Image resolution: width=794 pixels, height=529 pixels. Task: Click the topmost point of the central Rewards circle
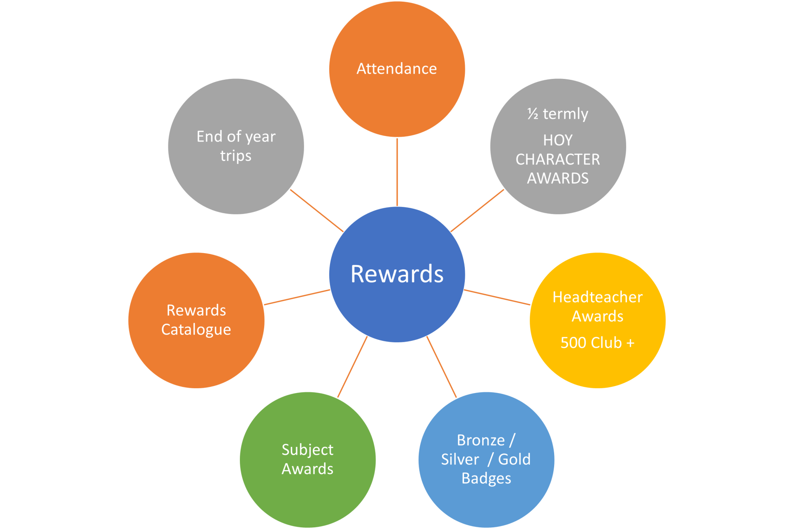(397, 207)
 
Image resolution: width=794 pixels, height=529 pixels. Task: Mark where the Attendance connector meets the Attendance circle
(397, 138)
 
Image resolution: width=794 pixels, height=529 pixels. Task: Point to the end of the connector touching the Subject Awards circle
(338, 398)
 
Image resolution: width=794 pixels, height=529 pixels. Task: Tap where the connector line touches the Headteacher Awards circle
(530, 305)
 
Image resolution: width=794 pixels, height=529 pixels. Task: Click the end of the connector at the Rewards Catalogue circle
(264, 305)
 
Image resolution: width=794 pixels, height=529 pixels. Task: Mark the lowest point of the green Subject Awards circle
(308, 528)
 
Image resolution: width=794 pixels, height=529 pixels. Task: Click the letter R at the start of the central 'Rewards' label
(358, 274)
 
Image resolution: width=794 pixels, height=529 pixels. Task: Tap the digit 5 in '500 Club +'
(565, 343)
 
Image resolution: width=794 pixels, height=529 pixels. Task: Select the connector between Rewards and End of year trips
(317, 211)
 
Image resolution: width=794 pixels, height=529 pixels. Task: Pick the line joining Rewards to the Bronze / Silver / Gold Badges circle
(442, 367)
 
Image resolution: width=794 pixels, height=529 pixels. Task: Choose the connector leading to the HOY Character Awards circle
(477, 211)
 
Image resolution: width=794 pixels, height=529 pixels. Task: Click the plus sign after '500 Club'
(630, 343)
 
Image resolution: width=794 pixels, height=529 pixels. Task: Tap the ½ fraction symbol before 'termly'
(533, 114)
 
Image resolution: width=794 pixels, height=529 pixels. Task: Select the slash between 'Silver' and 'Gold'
(491, 460)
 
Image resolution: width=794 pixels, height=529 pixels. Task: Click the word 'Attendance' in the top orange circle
(397, 69)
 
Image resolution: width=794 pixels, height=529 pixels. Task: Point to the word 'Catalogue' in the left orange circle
(196, 330)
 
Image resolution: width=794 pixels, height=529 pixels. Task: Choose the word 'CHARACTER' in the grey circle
(558, 159)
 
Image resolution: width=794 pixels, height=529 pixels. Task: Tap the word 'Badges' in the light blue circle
(486, 479)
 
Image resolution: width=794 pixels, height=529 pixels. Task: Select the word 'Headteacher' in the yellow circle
(598, 297)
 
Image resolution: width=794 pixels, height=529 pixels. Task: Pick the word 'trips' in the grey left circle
(236, 156)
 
